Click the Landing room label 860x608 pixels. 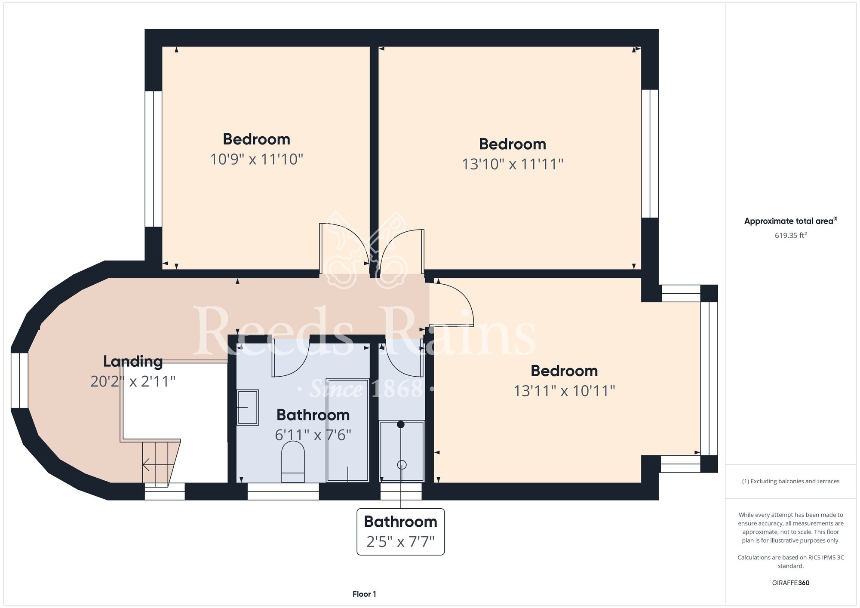coord(133,362)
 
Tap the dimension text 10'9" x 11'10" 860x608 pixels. coord(257,160)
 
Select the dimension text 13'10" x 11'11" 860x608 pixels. coord(513,164)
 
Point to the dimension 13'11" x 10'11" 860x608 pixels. coord(564,391)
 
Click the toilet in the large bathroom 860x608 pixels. coord(293,462)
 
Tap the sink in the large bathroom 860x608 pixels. coord(248,407)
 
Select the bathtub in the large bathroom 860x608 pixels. coord(347,430)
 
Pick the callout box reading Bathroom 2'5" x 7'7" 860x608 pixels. coord(401,531)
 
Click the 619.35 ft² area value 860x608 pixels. coord(791,235)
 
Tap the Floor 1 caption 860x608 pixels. coord(364,594)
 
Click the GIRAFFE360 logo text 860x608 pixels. coord(791,583)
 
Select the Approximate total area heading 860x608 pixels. coord(791,221)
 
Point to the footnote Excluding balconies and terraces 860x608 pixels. coord(791,481)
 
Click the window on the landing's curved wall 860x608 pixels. coord(19,381)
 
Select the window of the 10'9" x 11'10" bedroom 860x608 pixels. coord(154,159)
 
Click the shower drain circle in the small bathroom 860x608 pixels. coord(402,465)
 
